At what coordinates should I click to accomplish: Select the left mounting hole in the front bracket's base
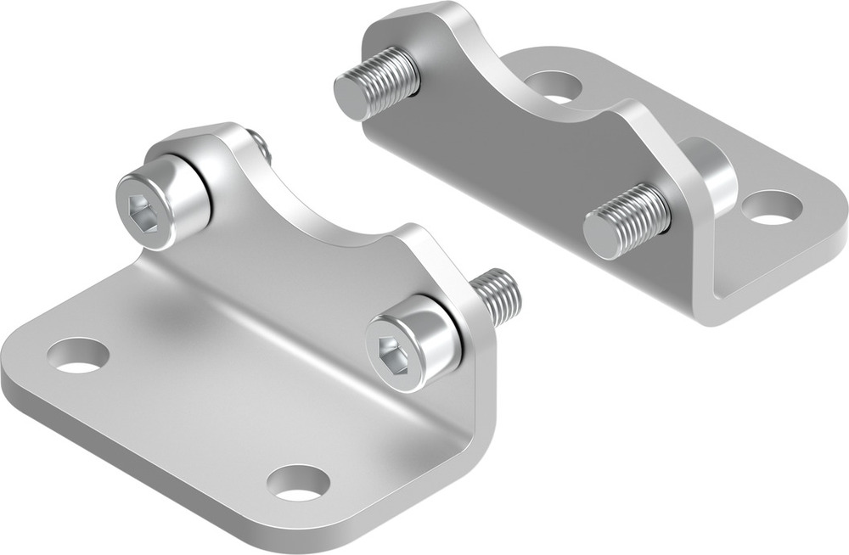[x=78, y=356]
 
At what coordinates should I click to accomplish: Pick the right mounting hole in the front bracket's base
[x=298, y=482]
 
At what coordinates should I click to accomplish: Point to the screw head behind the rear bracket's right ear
[x=713, y=174]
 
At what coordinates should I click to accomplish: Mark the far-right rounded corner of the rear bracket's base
[x=836, y=204]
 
